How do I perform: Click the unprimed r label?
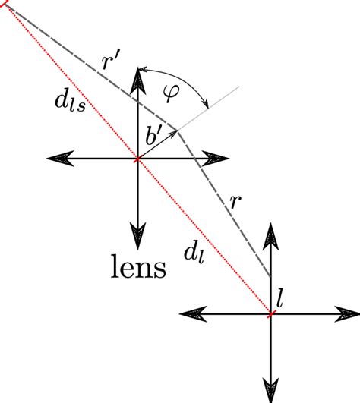click(237, 200)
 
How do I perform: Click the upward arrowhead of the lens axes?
click(137, 77)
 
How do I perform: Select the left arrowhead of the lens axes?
click(57, 159)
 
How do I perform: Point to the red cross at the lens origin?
click(137, 159)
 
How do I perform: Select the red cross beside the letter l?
click(271, 313)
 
